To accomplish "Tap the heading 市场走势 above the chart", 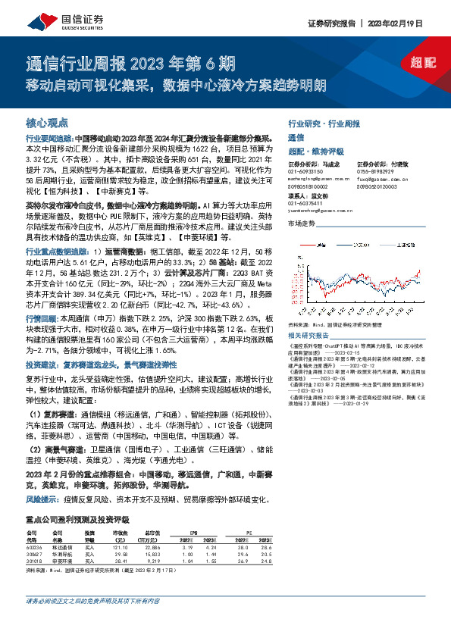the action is pos(301,224).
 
